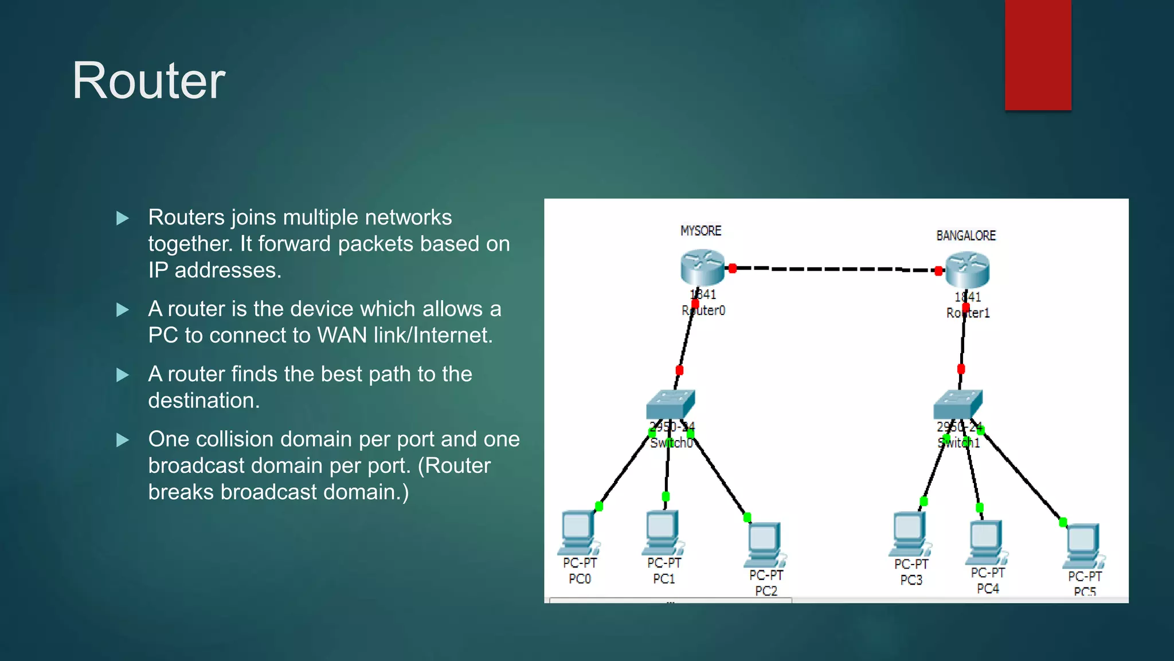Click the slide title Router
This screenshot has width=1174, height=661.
(148, 81)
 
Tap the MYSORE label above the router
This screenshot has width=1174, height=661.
(701, 231)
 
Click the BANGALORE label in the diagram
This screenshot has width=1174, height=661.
(966, 236)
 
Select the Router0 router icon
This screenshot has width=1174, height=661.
(702, 267)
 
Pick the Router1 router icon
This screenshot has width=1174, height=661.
(967, 270)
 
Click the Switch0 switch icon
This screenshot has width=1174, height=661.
(670, 405)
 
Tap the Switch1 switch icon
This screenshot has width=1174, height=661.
(957, 405)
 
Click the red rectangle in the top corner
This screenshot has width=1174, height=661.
(1038, 55)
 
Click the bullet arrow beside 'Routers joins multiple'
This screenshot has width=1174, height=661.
(122, 218)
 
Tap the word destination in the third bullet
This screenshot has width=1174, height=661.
(204, 401)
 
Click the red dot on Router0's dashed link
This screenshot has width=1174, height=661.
(733, 268)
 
